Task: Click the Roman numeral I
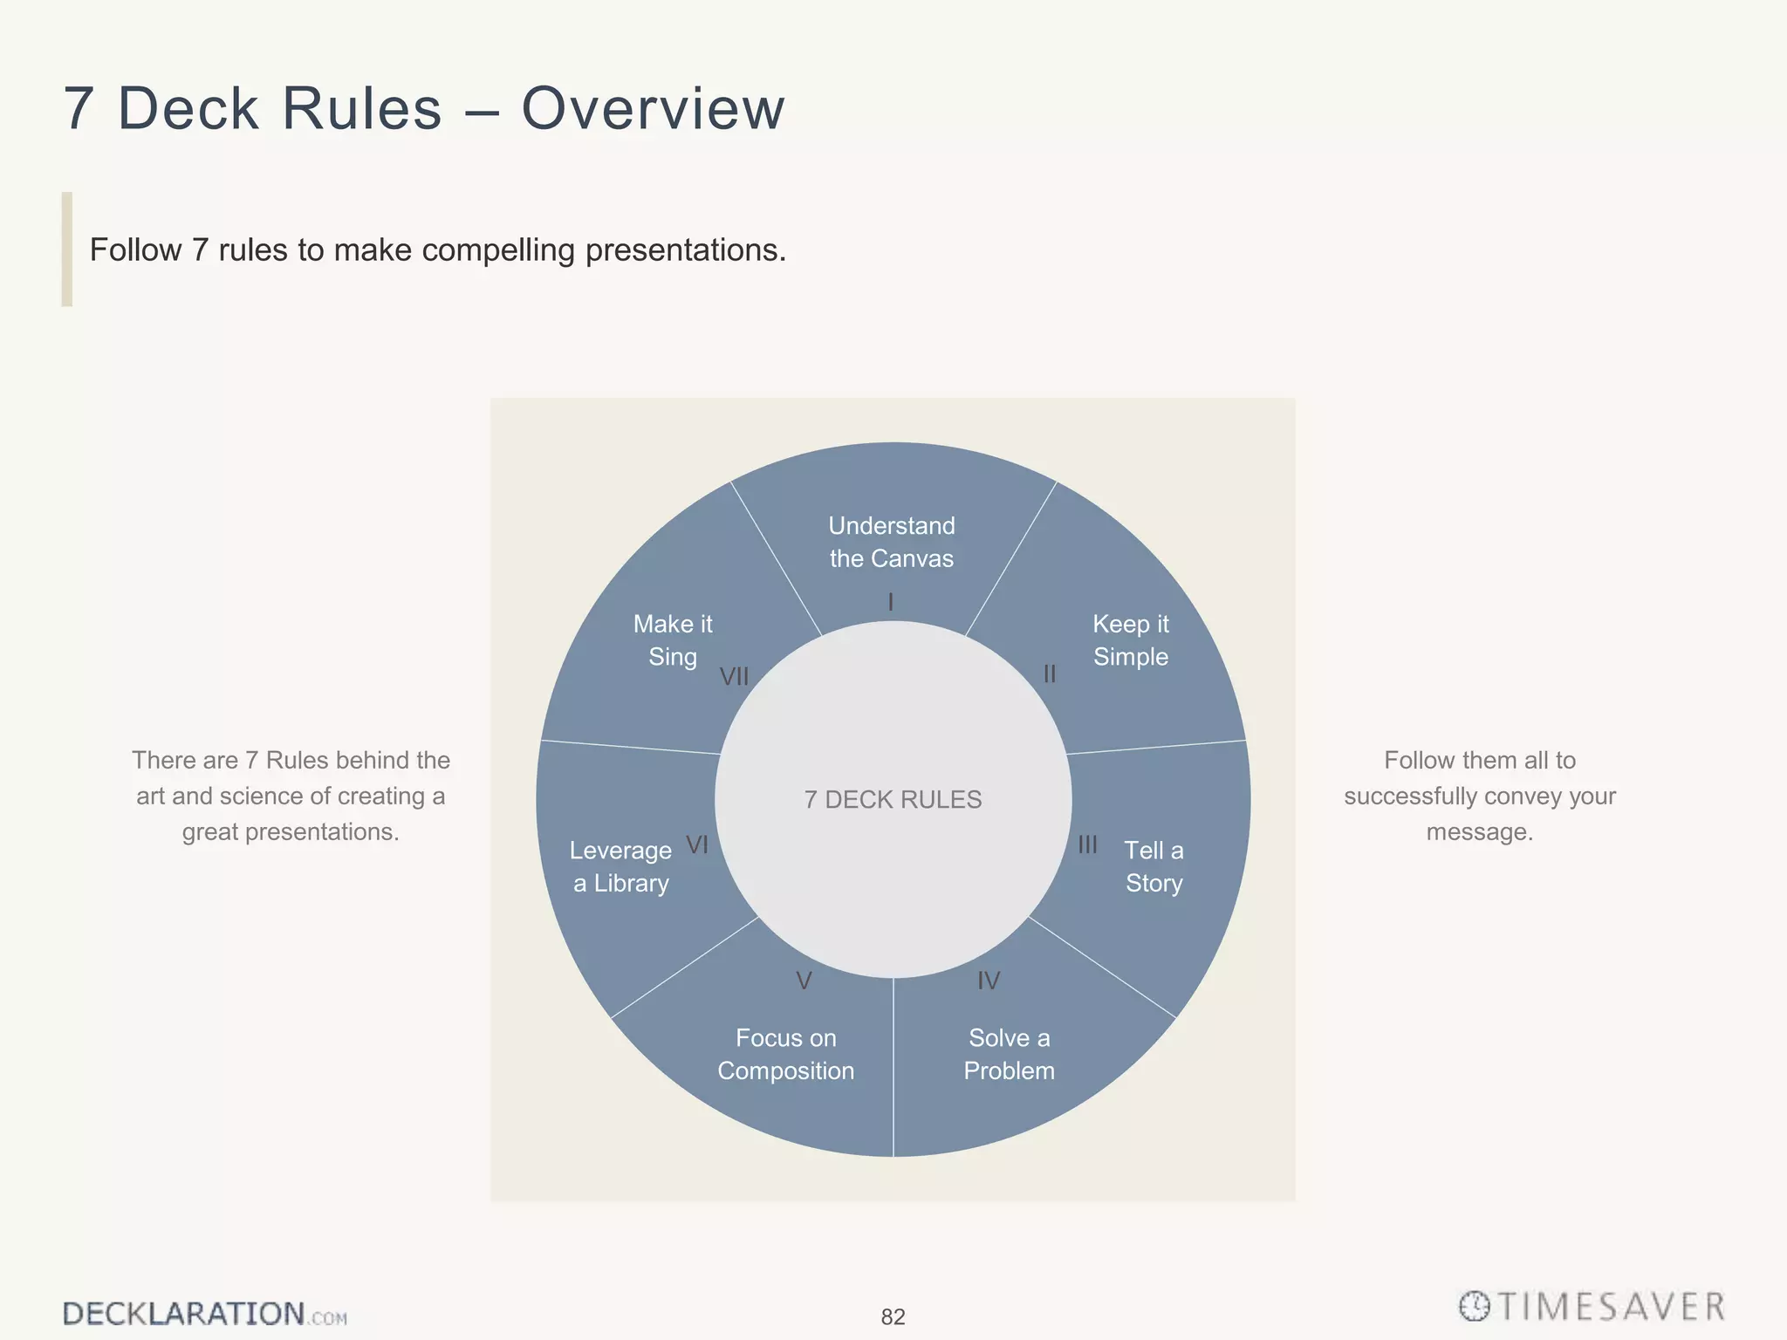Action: (891, 602)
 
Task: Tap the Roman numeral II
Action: (1050, 674)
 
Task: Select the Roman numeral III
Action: (1087, 844)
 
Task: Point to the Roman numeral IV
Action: (988, 981)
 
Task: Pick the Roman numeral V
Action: (804, 981)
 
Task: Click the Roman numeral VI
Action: (697, 844)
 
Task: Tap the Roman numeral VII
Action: (734, 676)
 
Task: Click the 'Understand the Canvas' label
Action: (892, 542)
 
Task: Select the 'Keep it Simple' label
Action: (1131, 640)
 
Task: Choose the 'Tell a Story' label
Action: (1154, 866)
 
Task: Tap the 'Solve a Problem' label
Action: (1010, 1054)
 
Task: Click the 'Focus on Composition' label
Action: (786, 1054)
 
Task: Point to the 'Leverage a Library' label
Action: (620, 866)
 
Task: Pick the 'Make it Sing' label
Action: (673, 640)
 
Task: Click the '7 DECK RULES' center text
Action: (893, 799)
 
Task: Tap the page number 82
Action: (893, 1316)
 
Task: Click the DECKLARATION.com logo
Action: (204, 1314)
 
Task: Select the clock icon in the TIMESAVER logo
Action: (1475, 1306)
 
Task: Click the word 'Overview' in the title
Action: (653, 109)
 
